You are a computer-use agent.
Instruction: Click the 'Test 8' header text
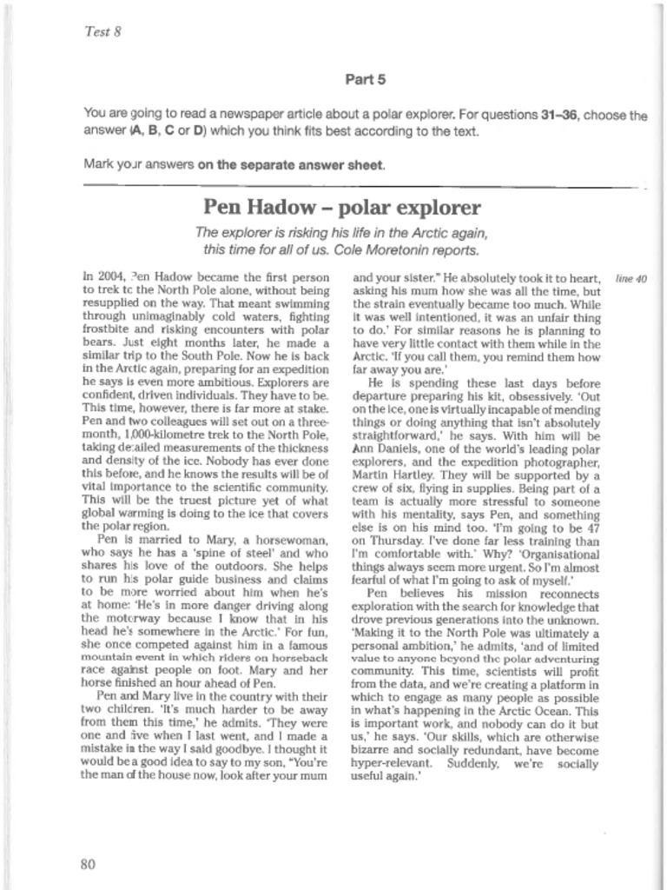coord(102,32)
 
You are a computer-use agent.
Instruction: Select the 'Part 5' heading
coord(365,80)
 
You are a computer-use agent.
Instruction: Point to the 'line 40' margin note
coord(631,279)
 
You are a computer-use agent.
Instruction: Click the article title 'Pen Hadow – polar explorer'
coord(341,208)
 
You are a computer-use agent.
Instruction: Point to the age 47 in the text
coord(591,530)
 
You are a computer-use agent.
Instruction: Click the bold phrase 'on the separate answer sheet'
coord(290,164)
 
